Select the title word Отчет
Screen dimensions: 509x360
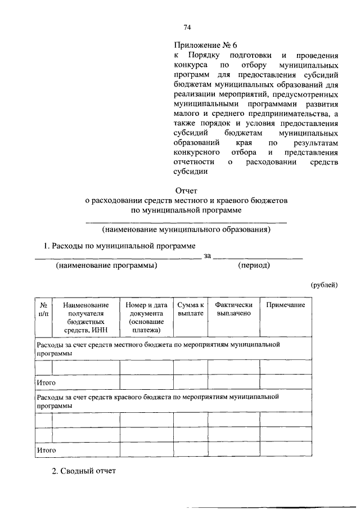pos(186,191)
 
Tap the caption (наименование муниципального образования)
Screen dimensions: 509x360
pos(186,229)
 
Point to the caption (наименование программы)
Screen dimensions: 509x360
pos(106,265)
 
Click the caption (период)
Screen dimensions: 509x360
pos(254,265)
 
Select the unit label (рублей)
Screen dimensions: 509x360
pos(325,285)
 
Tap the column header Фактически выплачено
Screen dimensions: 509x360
pos(233,309)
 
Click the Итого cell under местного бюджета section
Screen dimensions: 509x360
pos(46,382)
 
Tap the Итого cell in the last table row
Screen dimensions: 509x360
pos(46,451)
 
